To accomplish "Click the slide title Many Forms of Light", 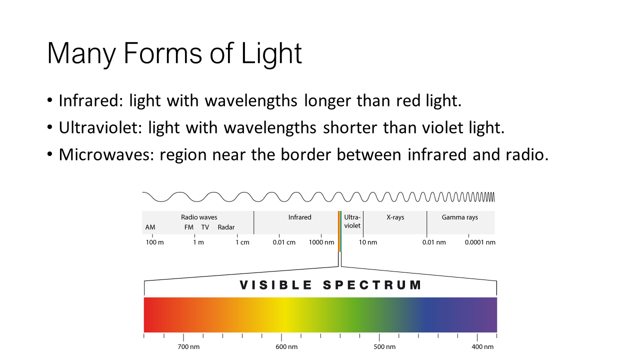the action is tap(174, 53).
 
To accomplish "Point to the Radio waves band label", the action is tap(199, 217).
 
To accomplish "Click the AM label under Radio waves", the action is tap(150, 227).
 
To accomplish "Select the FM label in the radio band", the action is tap(189, 227).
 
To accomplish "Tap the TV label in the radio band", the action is tap(205, 227).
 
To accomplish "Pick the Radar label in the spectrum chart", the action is tap(226, 227).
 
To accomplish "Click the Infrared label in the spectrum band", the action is tap(299, 217).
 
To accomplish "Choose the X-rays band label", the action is tap(395, 217).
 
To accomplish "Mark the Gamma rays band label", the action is tap(459, 217).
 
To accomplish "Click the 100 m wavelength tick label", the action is tap(155, 242).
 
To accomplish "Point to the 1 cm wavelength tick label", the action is tap(242, 242).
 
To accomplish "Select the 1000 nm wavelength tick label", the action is tap(321, 242).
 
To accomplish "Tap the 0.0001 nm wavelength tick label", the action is tap(480, 242).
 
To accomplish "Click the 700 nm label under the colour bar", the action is tap(188, 347).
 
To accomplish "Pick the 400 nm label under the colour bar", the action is tap(482, 347).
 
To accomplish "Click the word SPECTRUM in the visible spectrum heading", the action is tap(372, 285).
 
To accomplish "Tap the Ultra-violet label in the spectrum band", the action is tap(352, 221).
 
